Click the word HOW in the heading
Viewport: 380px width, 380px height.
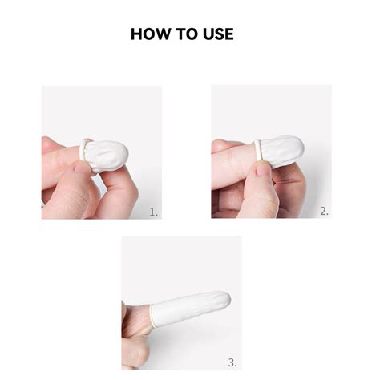(149, 34)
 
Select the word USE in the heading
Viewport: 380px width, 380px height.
(220, 34)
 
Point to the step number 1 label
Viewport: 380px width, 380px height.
(153, 212)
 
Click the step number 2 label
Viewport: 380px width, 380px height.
(324, 212)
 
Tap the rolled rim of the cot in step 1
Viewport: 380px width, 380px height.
(86, 152)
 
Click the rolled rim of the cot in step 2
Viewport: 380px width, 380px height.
(257, 150)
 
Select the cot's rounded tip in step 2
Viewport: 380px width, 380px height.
(298, 147)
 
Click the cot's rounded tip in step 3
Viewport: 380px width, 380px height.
(225, 300)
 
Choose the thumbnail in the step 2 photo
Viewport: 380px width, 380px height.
(262, 168)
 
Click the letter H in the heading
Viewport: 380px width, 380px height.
(137, 34)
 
